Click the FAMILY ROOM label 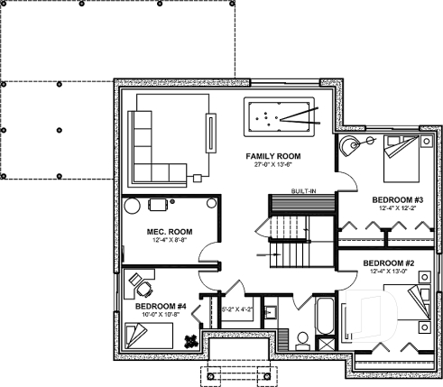tap(272, 156)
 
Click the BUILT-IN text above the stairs tap(302, 191)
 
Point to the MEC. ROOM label tap(167, 231)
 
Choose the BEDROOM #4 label tap(161, 306)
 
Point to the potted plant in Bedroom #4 tap(190, 340)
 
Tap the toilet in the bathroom tap(304, 340)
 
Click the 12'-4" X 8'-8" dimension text tap(167, 241)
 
